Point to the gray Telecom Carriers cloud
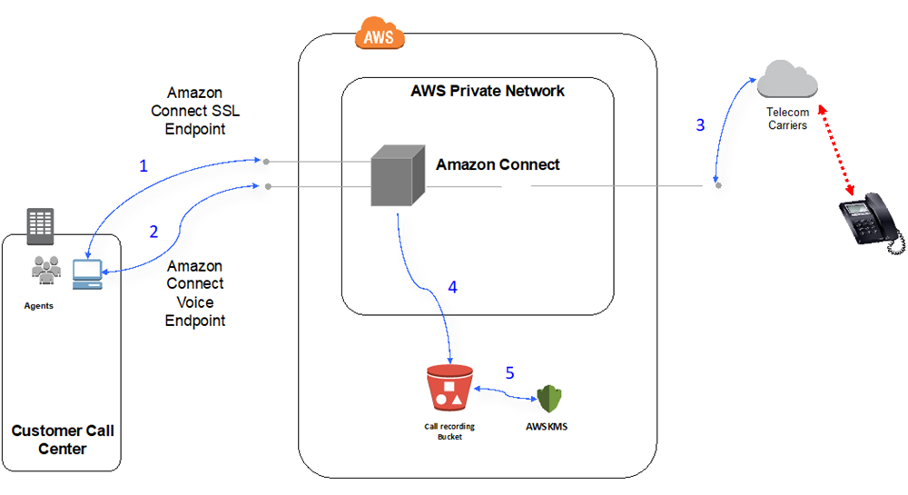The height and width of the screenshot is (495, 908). (x=787, y=79)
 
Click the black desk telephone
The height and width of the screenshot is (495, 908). (x=870, y=222)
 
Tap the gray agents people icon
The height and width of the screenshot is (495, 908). (x=45, y=269)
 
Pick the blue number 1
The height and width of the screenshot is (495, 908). (x=143, y=166)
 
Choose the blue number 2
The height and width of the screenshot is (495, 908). (x=153, y=232)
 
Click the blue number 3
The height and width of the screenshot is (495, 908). (x=699, y=125)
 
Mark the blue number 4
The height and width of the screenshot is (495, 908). (x=452, y=288)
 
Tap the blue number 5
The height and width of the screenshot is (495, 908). (x=509, y=373)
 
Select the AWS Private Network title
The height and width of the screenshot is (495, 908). (x=488, y=91)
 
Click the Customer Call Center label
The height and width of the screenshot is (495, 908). (x=63, y=439)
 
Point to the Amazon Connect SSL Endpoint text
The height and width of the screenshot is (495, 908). (x=194, y=111)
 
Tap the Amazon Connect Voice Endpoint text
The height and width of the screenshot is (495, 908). (x=194, y=292)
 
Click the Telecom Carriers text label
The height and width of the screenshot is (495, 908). (x=786, y=118)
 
